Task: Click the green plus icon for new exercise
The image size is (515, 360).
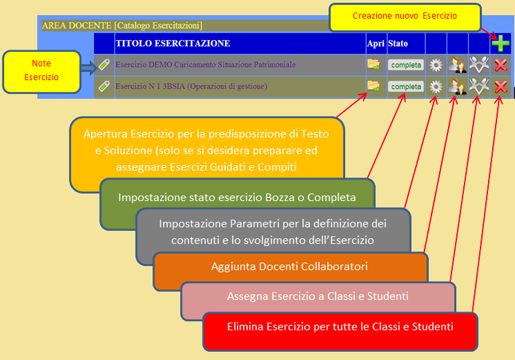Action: coord(501,43)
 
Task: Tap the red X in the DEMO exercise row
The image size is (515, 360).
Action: coord(501,65)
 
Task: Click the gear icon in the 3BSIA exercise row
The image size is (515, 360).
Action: coord(436,87)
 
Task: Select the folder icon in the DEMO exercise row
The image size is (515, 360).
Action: coord(373,64)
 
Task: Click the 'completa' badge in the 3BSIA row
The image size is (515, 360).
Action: coord(406,87)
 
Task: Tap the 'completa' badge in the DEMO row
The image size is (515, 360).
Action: coord(406,65)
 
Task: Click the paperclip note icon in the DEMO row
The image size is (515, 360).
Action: coord(104,64)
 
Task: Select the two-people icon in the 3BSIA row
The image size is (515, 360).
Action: coord(458,86)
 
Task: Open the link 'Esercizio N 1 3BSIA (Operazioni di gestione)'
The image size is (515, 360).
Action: coord(191,86)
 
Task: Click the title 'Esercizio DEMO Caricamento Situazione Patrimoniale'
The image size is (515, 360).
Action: coord(205,64)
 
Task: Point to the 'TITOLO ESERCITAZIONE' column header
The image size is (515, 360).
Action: coord(173,44)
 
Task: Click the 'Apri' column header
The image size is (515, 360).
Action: coord(376,44)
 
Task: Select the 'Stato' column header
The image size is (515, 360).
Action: coord(398,44)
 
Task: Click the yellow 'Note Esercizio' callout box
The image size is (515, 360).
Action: coord(41,72)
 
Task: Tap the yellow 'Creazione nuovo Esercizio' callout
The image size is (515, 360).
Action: coord(405,17)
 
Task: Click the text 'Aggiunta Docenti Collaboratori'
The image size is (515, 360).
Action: coord(289,266)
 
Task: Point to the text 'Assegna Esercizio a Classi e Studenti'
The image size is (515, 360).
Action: coord(318,296)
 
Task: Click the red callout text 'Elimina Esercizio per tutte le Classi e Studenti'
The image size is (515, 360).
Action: coord(340,326)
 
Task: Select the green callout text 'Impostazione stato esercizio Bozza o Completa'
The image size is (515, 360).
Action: coord(237,197)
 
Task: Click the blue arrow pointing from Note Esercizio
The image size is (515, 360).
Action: coord(88,68)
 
